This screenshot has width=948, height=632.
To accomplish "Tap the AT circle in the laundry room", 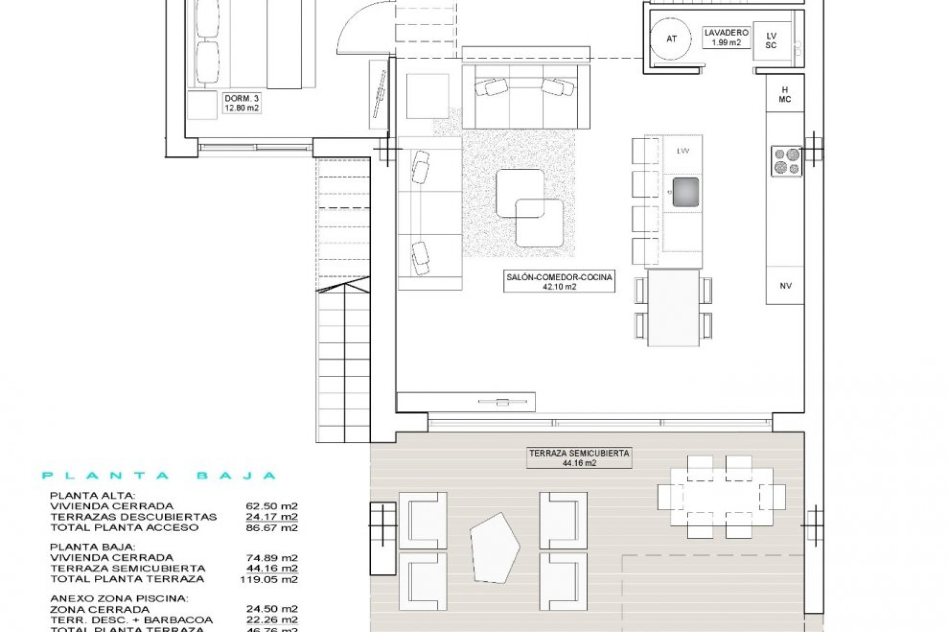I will pos(671,39).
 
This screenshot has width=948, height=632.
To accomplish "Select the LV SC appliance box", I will pos(771,40).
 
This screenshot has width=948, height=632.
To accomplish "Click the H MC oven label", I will pos(785,94).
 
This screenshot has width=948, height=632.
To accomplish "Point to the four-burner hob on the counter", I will pos(787,161).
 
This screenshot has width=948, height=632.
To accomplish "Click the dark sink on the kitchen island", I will pos(686,192).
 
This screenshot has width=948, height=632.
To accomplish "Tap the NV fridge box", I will pos(785,285).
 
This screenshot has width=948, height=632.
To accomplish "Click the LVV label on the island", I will pos(683,151).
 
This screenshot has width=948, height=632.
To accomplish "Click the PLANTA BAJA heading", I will pos(159,476).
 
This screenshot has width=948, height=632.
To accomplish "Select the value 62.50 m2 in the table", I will pos(272,506).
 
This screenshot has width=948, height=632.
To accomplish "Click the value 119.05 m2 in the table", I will pos(269,579).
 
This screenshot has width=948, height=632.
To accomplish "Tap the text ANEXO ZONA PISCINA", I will pos(119,598).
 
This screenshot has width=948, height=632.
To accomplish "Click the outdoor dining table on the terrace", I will pos(721,496).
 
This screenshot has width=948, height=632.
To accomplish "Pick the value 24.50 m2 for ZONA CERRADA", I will pos(272,609).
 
